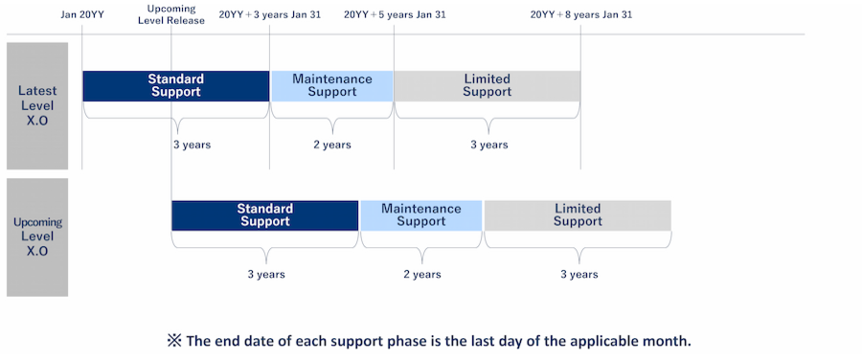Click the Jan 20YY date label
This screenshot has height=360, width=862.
tap(82, 14)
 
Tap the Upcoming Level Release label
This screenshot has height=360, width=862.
tap(171, 14)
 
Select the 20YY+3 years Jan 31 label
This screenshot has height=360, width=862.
tap(269, 14)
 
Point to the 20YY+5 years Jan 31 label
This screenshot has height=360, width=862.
tap(395, 14)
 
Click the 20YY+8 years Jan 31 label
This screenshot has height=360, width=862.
tap(581, 14)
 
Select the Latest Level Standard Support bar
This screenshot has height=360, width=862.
tap(176, 86)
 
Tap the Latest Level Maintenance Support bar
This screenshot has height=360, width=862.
tap(332, 86)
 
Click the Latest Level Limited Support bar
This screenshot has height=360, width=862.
tap(488, 86)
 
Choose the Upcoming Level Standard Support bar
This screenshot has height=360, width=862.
tap(265, 215)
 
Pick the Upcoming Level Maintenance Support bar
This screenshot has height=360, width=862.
tap(421, 215)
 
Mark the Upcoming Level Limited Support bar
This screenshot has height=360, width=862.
tap(578, 215)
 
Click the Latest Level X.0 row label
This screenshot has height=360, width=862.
tap(37, 106)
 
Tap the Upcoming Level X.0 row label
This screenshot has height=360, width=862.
tap(37, 236)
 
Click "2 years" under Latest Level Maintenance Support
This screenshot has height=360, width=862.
tap(332, 146)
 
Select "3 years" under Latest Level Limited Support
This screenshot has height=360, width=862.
tap(488, 146)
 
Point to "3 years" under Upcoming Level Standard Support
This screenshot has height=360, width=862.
tap(266, 274)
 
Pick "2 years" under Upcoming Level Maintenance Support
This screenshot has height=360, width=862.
tap(422, 274)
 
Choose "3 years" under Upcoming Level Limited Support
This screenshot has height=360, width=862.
tap(578, 274)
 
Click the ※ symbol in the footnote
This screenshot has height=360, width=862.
tap(175, 341)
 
